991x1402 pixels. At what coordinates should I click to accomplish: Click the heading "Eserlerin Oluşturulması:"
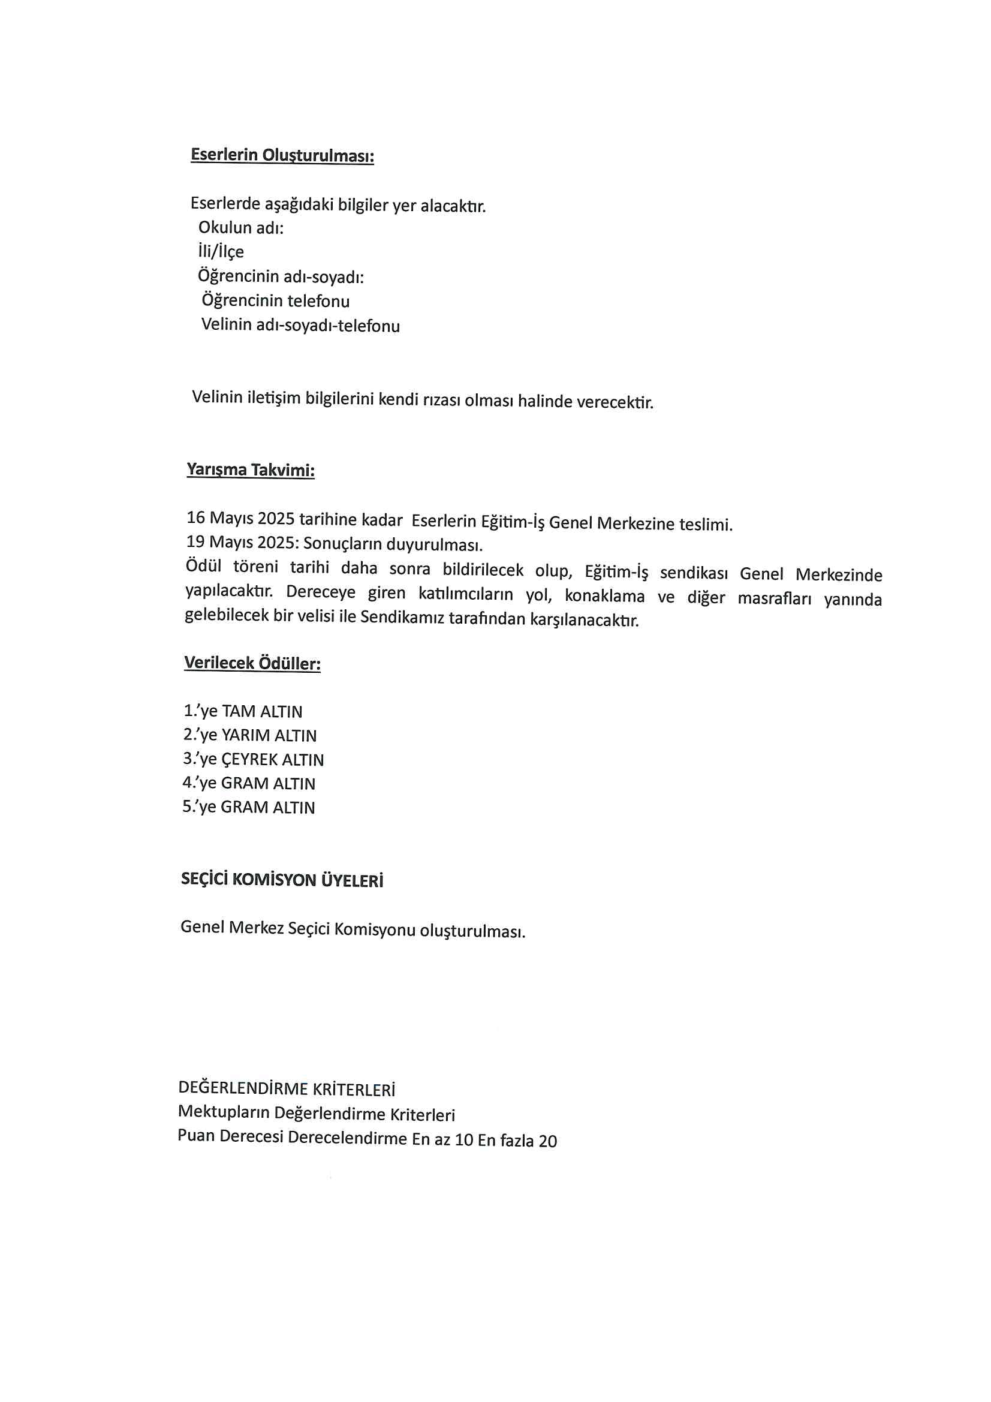tap(282, 155)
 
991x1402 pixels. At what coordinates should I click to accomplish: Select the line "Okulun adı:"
tap(241, 228)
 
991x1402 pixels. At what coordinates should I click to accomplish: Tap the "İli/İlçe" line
tap(221, 252)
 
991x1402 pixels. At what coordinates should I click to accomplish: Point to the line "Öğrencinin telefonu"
tap(275, 300)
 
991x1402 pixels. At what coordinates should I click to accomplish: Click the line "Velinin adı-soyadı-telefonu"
tap(300, 325)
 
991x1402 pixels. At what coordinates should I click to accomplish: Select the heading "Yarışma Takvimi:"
tap(251, 470)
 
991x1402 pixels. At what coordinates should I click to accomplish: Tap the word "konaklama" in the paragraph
tap(604, 595)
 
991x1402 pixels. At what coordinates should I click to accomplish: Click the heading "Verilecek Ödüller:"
tap(252, 663)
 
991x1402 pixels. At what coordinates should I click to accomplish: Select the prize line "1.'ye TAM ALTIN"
tap(243, 711)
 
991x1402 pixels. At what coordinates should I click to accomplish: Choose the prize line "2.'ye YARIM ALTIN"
tap(250, 735)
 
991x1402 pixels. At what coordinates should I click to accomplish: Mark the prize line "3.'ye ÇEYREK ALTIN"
tap(254, 759)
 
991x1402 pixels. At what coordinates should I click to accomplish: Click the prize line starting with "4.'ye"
tap(249, 783)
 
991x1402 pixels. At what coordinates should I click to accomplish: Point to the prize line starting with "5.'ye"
tap(249, 807)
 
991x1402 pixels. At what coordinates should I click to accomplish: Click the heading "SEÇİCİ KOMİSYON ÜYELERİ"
tap(282, 880)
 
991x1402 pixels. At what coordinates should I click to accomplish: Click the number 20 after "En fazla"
tap(548, 1141)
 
